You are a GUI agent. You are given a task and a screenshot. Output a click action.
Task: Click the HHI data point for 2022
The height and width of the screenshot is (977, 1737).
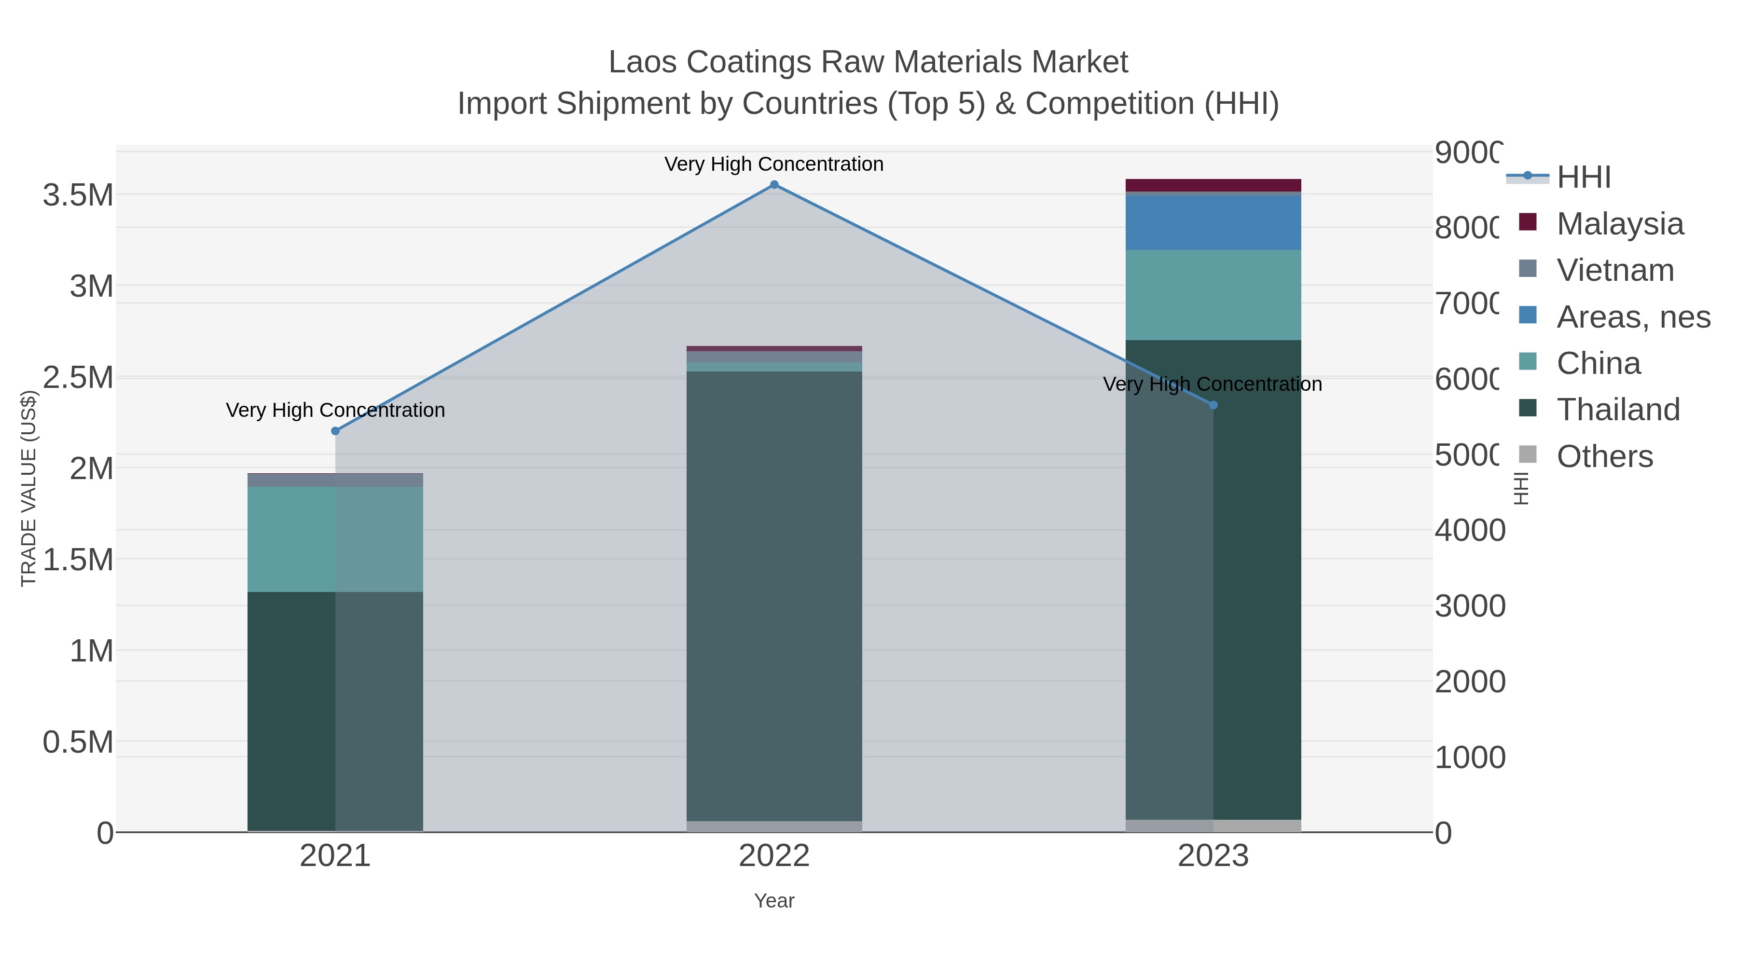point(774,185)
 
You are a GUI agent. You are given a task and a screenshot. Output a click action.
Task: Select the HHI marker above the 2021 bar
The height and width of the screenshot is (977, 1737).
point(335,431)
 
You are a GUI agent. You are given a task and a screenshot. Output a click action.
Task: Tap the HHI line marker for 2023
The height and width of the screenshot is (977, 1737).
point(1213,405)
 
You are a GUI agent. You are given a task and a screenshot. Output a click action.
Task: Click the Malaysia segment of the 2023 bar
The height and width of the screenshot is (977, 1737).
point(1213,185)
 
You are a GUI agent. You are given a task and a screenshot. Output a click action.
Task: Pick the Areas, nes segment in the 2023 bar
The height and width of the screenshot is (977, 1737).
point(1213,222)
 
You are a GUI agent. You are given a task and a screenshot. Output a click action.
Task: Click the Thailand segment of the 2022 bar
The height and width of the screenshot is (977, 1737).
point(774,593)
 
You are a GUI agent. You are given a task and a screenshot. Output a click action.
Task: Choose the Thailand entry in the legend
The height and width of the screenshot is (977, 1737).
point(1618,410)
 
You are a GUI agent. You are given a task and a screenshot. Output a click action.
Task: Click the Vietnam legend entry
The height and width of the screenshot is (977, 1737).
point(1615,270)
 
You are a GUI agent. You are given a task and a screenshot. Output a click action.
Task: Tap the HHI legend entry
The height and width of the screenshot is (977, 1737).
point(1583,178)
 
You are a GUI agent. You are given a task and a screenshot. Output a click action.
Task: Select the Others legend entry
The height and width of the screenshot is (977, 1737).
point(1604,456)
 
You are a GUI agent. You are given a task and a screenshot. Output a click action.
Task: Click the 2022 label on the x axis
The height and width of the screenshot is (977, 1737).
point(774,856)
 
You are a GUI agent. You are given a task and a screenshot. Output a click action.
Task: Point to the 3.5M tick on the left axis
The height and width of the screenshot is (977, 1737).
point(78,195)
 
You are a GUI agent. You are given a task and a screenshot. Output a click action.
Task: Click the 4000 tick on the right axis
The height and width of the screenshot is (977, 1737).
point(1469,531)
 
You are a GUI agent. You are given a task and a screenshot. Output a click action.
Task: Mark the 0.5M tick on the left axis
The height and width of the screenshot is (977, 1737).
point(78,743)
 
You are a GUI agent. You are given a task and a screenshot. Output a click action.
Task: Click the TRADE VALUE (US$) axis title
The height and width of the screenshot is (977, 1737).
point(28,488)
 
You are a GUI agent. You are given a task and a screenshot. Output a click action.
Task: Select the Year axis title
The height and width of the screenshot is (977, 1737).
point(774,901)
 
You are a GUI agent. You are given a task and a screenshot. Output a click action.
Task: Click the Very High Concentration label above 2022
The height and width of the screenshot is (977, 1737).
point(773,164)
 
